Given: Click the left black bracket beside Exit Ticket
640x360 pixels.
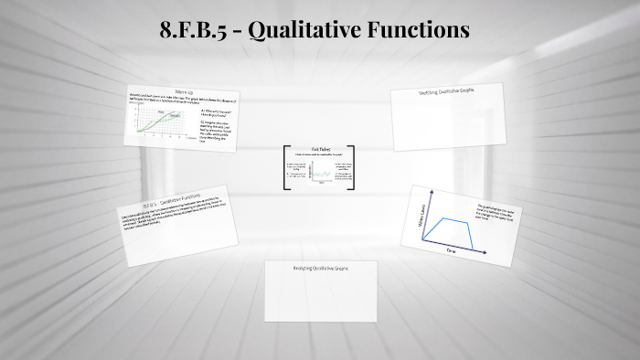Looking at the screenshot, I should coord(285,168).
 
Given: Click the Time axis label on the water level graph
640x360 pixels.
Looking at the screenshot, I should coord(450,249).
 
